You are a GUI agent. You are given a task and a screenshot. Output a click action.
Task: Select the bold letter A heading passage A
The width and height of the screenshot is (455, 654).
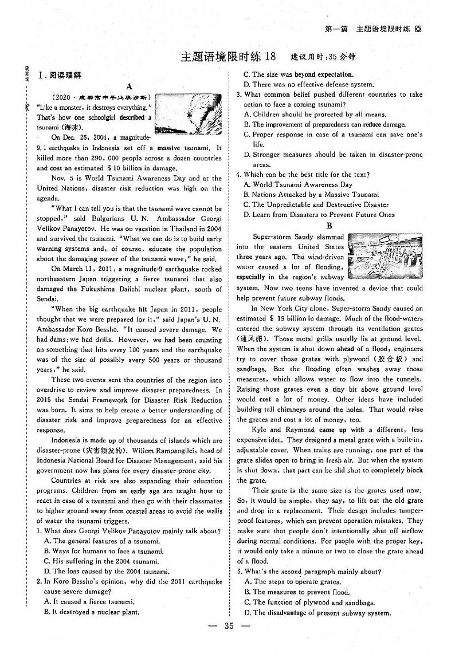[x=129, y=86]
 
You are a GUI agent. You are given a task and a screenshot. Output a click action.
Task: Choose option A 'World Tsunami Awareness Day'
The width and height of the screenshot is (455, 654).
[x=298, y=184]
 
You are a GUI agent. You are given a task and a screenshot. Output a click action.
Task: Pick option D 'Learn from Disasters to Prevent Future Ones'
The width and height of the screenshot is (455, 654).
[x=319, y=215]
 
